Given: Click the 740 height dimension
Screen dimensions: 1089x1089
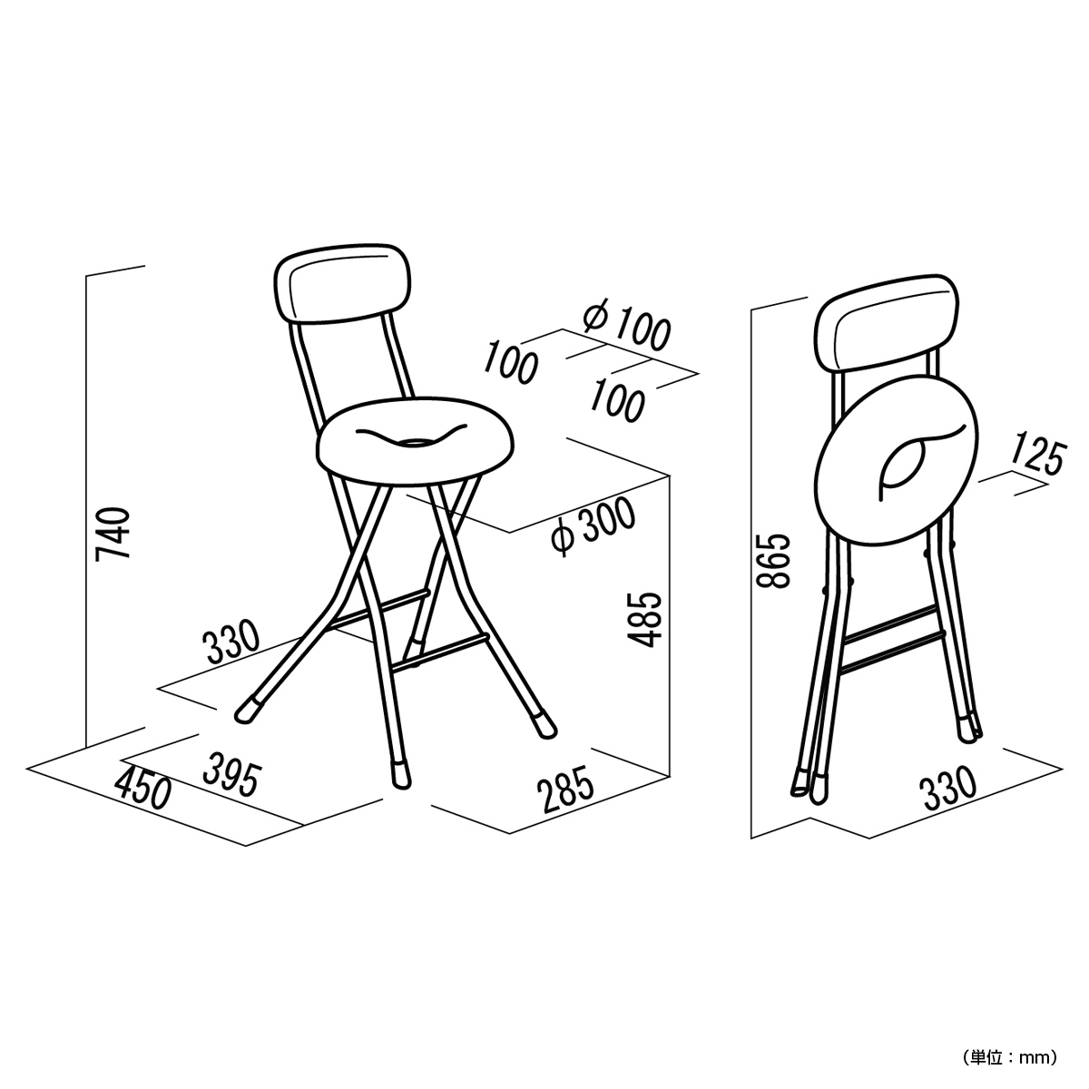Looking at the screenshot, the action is [113, 534].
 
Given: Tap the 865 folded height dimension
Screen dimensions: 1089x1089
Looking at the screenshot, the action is [772, 561].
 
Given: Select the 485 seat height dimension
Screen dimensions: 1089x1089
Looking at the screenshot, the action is [644, 619].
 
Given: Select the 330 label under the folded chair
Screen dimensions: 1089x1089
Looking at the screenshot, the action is [948, 789].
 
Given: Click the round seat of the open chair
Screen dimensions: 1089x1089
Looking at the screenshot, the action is [414, 444].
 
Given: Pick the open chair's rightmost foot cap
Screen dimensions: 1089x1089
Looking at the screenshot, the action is [544, 726].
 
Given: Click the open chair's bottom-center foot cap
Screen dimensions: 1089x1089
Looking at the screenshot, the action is [402, 775].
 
